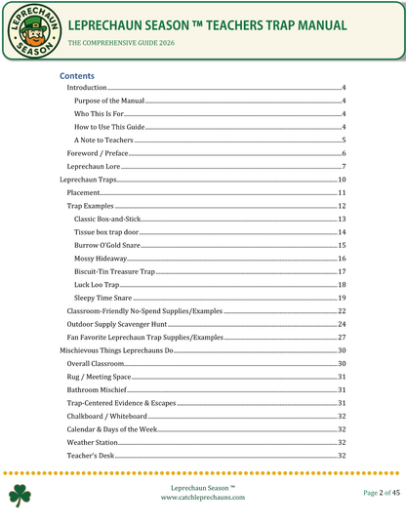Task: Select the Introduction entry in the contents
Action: click(x=88, y=89)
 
